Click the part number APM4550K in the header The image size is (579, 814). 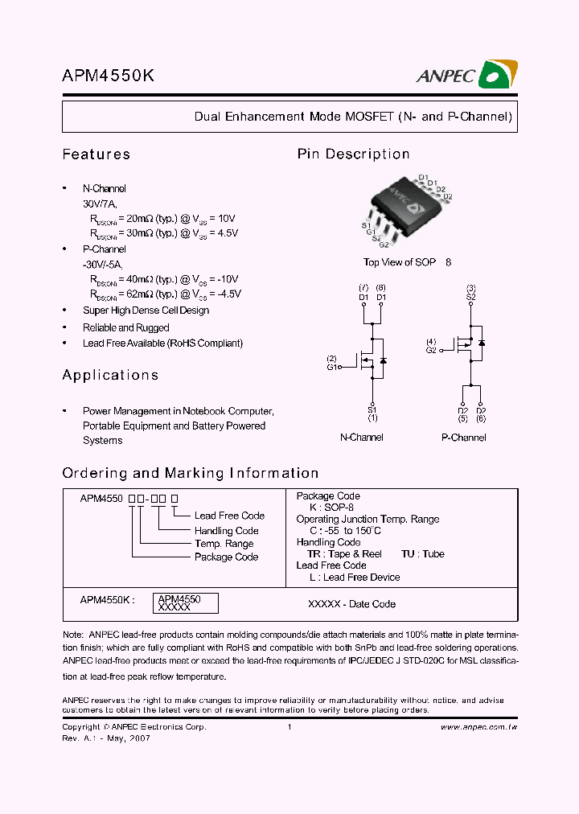108,76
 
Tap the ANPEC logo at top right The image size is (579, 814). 466,75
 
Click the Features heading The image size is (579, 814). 96,154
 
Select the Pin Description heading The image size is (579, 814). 353,154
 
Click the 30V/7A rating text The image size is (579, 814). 100,204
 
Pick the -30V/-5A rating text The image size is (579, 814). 103,265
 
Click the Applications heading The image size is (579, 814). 110,375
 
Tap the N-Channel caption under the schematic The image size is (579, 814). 361,438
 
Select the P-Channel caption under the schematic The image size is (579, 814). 463,438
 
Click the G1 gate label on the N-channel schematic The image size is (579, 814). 331,366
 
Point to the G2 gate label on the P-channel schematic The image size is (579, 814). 431,350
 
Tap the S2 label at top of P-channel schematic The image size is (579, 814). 471,297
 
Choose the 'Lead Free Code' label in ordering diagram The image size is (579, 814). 229,516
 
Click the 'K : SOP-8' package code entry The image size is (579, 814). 331,508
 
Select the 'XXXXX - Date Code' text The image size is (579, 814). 351,604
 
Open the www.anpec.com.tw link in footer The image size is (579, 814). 478,727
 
